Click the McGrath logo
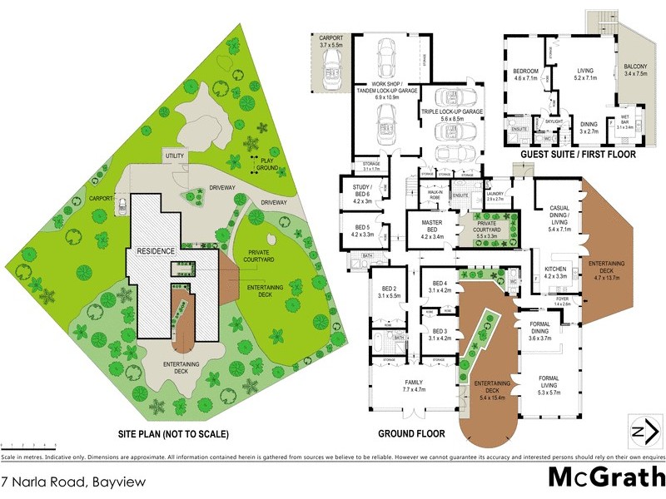[606, 477]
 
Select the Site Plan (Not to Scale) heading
[173, 434]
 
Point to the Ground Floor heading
[411, 433]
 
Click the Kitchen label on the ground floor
[555, 273]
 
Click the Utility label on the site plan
[175, 156]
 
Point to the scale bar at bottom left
[28, 447]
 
